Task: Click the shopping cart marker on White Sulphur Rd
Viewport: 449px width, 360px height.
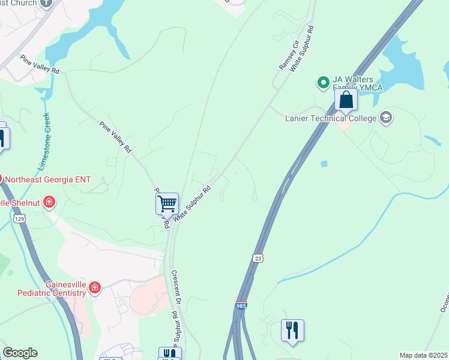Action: [167, 203]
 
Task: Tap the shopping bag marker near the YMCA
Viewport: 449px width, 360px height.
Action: [346, 99]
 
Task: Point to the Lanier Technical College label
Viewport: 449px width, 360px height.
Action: [331, 118]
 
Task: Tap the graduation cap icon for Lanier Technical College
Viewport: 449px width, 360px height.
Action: [386, 117]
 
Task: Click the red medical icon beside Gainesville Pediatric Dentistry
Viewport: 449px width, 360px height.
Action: [94, 289]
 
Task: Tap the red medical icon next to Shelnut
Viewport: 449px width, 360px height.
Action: [50, 202]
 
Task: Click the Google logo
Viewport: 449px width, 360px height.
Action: [19, 353]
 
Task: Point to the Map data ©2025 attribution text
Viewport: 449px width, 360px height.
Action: [423, 355]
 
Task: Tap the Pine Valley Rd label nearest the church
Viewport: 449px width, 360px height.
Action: [40, 64]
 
